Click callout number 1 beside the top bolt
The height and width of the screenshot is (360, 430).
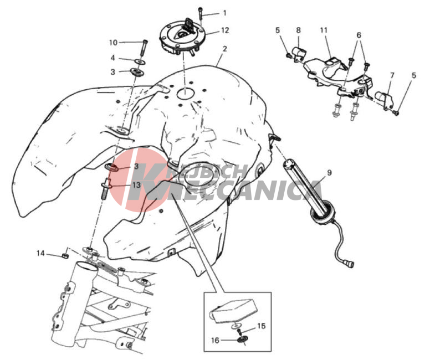[224, 13]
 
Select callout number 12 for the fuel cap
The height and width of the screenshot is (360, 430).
[224, 30]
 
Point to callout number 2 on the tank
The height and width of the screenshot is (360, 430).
[224, 49]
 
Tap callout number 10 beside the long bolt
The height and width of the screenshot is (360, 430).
[113, 43]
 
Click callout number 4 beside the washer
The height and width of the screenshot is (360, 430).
[112, 58]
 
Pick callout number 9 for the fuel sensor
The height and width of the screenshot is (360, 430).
[329, 173]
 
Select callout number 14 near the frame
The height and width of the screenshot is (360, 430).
[40, 253]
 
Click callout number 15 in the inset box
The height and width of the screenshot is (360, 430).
[262, 326]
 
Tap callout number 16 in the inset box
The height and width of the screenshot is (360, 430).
[215, 340]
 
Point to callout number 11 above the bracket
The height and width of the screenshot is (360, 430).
[324, 30]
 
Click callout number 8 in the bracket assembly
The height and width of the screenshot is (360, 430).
[298, 30]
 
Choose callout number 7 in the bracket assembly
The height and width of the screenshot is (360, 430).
[392, 75]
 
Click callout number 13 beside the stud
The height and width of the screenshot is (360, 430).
[136, 185]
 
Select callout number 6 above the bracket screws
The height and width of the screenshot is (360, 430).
[359, 35]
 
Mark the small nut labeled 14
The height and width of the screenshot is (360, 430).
[65, 256]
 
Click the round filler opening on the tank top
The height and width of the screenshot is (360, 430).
[185, 94]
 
